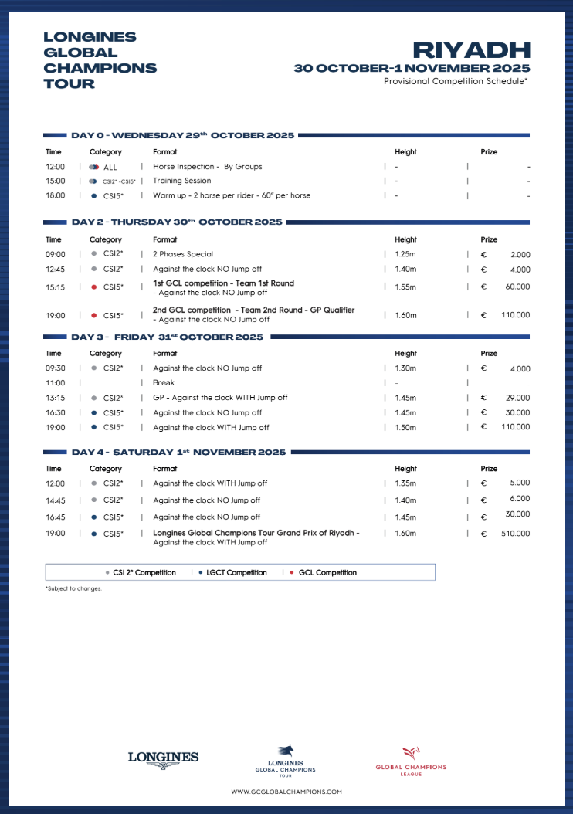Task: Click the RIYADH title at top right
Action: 471,50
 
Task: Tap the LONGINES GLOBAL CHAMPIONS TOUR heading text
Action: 100,60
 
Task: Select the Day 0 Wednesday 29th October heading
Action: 182,136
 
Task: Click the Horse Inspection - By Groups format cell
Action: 207,167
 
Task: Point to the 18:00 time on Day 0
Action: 56,196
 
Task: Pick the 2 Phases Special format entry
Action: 183,254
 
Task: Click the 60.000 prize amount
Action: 517,287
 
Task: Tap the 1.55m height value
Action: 405,287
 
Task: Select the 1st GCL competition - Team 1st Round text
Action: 223,283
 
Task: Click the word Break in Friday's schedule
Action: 164,383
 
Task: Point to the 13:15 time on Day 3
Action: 56,398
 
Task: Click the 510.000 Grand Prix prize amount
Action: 515,534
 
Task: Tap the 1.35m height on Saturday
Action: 405,483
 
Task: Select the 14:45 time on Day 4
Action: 56,500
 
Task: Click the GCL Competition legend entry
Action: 327,573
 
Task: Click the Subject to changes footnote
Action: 73,589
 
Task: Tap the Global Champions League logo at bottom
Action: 411,761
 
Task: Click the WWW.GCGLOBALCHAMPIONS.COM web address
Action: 286,792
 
